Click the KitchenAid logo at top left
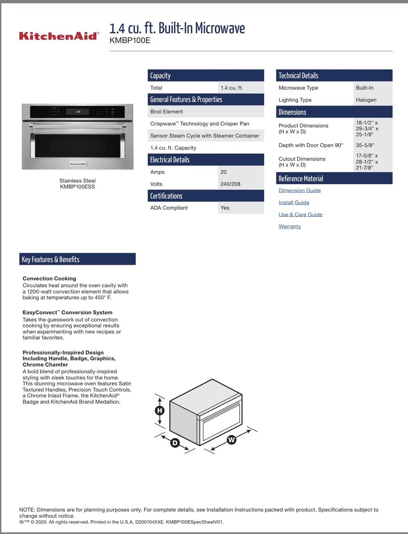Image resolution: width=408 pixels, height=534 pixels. click(x=58, y=36)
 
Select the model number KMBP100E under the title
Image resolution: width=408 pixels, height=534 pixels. click(x=130, y=40)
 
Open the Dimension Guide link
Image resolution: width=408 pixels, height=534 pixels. click(x=299, y=190)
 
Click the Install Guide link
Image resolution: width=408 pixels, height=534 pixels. click(x=294, y=202)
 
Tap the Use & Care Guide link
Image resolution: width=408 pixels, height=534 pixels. click(x=300, y=214)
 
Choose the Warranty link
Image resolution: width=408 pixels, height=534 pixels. click(x=290, y=227)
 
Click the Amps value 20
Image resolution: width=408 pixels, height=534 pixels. click(x=224, y=172)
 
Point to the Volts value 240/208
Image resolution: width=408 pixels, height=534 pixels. click(x=230, y=184)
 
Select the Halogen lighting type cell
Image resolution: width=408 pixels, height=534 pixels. click(x=366, y=100)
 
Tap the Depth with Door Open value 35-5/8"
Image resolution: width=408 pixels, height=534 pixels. click(x=365, y=145)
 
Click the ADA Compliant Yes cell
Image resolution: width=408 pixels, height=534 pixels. click(x=225, y=208)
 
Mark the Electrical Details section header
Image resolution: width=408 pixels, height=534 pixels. click(x=206, y=160)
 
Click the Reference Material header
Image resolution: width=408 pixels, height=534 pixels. click(x=335, y=178)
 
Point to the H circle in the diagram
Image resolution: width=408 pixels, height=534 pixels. click(x=159, y=411)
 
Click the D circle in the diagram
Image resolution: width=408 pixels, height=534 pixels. click(x=175, y=443)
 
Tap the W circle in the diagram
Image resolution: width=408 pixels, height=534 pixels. click(x=231, y=440)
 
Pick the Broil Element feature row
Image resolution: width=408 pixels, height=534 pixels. click(x=206, y=112)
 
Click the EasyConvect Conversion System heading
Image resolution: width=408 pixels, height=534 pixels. click(x=67, y=312)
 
